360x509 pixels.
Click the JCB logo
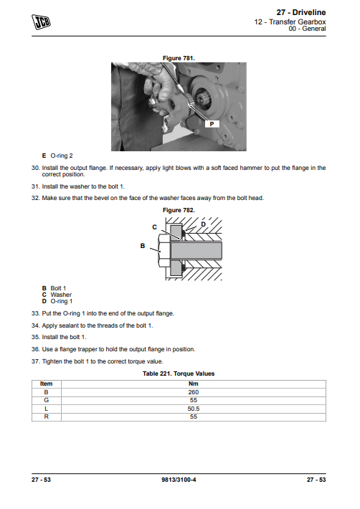pos(41,22)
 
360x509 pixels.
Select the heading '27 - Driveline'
pos(301,12)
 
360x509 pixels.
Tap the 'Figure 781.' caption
pos(179,58)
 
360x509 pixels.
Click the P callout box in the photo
pos(212,124)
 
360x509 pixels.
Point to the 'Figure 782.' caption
pos(179,210)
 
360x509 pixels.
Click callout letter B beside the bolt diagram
pos(143,246)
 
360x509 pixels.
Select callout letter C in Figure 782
pos(154,227)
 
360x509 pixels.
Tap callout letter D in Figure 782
pos(203,224)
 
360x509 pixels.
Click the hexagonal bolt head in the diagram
pos(164,251)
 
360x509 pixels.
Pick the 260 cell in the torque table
pos(194,392)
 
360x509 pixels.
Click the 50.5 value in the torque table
pos(194,409)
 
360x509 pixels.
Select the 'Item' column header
pos(46,384)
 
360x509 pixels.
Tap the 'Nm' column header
pos(194,384)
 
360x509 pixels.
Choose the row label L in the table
pos(46,409)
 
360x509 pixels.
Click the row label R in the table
pos(46,417)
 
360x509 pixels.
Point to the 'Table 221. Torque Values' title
pos(179,374)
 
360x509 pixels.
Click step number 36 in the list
pos(35,349)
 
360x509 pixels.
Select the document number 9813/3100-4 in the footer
pos(179,480)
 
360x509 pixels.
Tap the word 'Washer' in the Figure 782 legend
pos(61,295)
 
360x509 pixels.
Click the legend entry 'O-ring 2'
pos(62,156)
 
